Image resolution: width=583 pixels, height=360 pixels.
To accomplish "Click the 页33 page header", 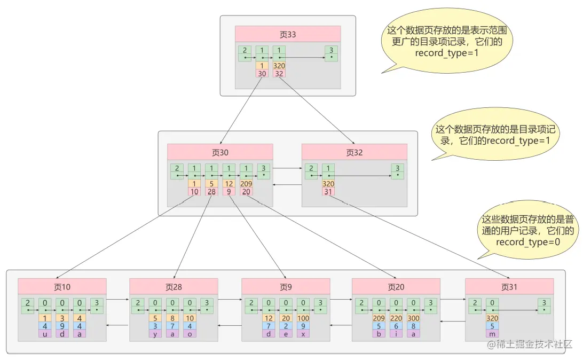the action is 288,34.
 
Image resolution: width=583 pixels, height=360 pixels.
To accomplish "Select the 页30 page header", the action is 220,152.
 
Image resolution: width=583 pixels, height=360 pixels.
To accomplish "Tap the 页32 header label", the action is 354,152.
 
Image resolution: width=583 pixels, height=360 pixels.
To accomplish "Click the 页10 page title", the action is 62,287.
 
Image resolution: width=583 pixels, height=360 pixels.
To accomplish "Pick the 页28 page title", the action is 174,287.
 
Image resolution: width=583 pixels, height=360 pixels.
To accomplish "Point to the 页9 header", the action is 286,287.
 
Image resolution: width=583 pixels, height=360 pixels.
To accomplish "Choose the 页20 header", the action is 396,287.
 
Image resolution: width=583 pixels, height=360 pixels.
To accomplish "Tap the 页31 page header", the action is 509,287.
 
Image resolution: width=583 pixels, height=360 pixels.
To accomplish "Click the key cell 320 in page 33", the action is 279,66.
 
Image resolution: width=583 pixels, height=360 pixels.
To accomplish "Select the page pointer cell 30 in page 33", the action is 262,74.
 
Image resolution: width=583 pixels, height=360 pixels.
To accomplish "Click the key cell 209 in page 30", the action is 246,184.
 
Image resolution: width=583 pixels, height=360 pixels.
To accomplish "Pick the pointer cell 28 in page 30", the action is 211,192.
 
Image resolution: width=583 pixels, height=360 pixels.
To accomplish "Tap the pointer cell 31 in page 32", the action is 328,192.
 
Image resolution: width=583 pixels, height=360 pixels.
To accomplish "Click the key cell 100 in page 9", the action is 303,318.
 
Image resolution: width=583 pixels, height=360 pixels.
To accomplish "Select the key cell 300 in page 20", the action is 413,318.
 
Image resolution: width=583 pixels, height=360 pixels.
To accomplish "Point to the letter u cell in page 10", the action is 45,334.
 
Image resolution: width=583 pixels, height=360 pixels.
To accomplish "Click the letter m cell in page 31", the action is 492,334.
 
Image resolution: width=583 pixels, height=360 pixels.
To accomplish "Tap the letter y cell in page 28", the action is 155,334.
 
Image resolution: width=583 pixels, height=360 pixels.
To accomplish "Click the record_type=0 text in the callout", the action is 528,242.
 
